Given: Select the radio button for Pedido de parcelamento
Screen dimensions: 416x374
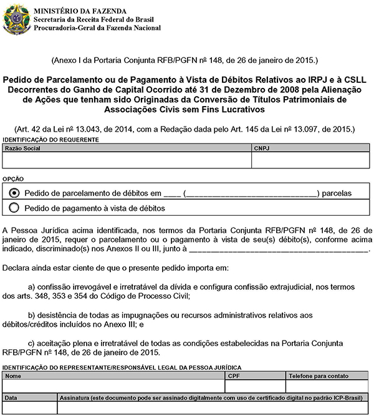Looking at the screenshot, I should point(15,193).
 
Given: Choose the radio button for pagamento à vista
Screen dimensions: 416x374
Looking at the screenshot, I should point(15,208).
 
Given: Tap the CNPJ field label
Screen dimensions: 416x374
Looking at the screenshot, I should point(262,149).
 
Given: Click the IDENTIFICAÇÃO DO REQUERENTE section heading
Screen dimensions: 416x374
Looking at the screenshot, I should point(50,140).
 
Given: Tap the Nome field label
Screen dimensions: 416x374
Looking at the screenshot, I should point(13,376).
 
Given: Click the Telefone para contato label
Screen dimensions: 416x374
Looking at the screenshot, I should point(318,376).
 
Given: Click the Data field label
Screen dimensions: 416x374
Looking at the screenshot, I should point(12,397).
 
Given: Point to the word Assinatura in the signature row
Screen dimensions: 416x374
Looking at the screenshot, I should point(75,397).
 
